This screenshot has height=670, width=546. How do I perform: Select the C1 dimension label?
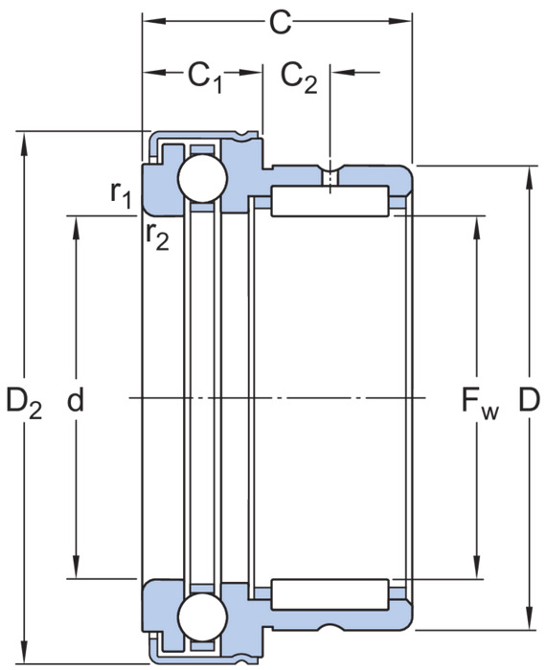[x=205, y=77]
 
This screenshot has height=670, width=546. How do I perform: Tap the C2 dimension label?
[x=299, y=77]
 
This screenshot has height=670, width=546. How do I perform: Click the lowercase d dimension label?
[x=76, y=399]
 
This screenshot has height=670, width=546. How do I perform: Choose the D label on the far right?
[x=530, y=399]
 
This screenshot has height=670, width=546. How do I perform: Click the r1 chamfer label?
[x=121, y=195]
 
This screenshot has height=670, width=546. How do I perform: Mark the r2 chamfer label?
[x=157, y=235]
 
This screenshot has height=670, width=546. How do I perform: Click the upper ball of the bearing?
[x=202, y=179]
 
